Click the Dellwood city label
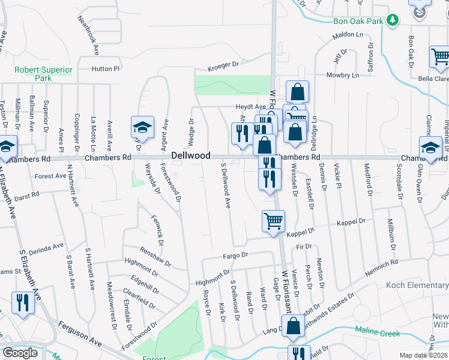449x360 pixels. (x=191, y=155)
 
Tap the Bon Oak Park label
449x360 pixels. (x=358, y=21)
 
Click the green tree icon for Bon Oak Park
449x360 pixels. (x=393, y=20)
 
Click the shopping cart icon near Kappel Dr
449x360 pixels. (x=273, y=220)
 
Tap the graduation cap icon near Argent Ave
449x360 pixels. (x=142, y=127)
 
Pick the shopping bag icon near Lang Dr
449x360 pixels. (x=294, y=326)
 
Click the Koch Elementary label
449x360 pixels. (x=417, y=284)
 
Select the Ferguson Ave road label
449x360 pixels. (x=80, y=332)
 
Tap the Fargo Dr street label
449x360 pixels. (x=235, y=256)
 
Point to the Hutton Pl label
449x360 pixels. (x=106, y=68)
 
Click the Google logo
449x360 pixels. (x=20, y=353)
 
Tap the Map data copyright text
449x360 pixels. (x=424, y=355)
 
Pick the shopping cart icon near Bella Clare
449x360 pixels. (x=440, y=57)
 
